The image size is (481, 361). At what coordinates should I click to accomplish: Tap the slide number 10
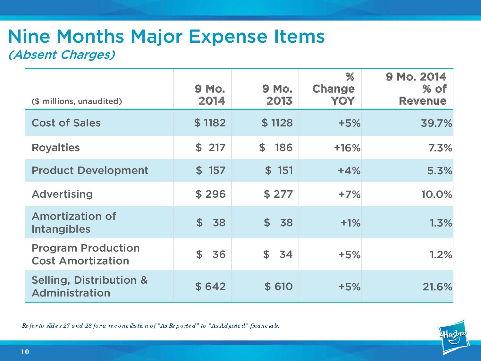tap(25, 352)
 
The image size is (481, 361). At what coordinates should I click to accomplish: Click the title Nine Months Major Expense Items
tap(166, 37)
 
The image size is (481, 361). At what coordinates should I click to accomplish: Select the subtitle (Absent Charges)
tap(61, 55)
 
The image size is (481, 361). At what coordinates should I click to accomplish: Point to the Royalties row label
tap(55, 148)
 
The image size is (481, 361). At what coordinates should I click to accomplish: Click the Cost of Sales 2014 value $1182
tap(210, 123)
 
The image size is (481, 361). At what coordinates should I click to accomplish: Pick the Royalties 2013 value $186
tap(276, 148)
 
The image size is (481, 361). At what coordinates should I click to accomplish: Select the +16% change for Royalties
tap(347, 148)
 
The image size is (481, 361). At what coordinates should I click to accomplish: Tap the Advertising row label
tap(62, 194)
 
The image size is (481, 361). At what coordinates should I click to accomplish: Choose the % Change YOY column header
tap(333, 89)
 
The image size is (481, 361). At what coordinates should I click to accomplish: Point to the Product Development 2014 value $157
tap(211, 170)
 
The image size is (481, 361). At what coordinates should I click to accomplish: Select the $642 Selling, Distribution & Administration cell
tap(211, 286)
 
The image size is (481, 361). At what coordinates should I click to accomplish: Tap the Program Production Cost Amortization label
tap(86, 254)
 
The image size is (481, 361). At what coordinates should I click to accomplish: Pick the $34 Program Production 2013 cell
tap(278, 254)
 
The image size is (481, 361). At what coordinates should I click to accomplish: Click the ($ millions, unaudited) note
tap(77, 101)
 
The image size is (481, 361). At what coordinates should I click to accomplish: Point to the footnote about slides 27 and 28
tap(150, 326)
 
